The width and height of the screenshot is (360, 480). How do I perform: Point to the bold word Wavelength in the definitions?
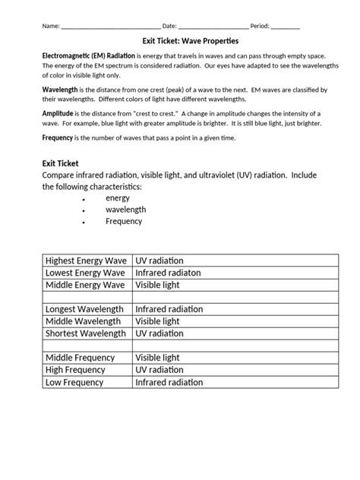[x=60, y=90]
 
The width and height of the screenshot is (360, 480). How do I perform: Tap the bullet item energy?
[x=118, y=197]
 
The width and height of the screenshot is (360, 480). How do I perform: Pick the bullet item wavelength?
[x=125, y=210]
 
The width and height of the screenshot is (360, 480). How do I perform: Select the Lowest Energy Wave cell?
[x=85, y=273]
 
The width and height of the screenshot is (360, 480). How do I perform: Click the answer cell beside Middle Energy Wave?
[x=234, y=285]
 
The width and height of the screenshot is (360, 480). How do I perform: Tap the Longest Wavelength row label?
[x=85, y=309]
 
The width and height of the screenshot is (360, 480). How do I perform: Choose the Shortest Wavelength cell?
[x=85, y=333]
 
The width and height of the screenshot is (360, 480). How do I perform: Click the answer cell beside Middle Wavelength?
[x=234, y=321]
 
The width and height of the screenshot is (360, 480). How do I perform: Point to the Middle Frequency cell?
[x=80, y=357]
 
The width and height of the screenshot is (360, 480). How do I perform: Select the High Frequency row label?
[x=75, y=369]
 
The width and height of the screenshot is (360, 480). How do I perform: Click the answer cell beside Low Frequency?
[x=234, y=381]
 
